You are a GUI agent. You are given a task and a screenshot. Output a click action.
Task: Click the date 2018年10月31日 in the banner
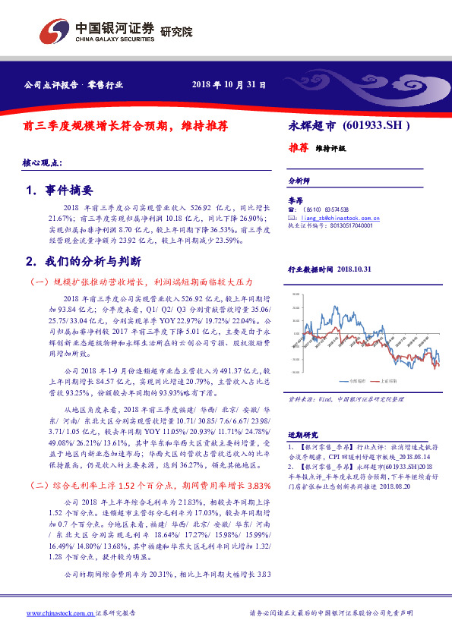pyautogui.click(x=229, y=84)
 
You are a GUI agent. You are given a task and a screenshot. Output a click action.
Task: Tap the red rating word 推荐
pyautogui.click(x=299, y=147)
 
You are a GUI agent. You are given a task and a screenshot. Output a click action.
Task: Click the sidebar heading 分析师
pyautogui.click(x=299, y=182)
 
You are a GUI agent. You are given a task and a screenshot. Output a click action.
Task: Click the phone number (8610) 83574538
pyautogui.click(x=326, y=209)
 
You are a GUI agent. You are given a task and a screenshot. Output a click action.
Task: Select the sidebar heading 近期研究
pyautogui.click(x=299, y=435)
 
